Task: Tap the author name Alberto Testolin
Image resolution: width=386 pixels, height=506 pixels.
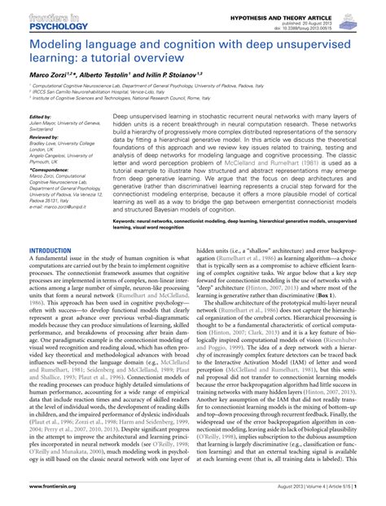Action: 109,74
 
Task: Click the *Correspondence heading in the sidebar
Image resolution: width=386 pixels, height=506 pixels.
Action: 48,169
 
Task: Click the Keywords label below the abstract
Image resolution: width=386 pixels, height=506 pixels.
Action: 132,220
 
